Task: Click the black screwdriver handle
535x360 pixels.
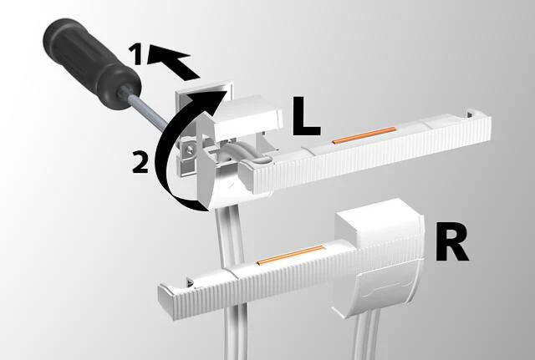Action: [x=91, y=64]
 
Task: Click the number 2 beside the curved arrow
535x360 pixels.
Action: [x=140, y=162]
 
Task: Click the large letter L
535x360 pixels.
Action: [x=306, y=116]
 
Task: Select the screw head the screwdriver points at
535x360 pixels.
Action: [x=189, y=149]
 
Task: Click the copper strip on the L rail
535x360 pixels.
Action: [x=364, y=135]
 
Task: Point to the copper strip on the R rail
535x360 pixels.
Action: [x=290, y=255]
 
